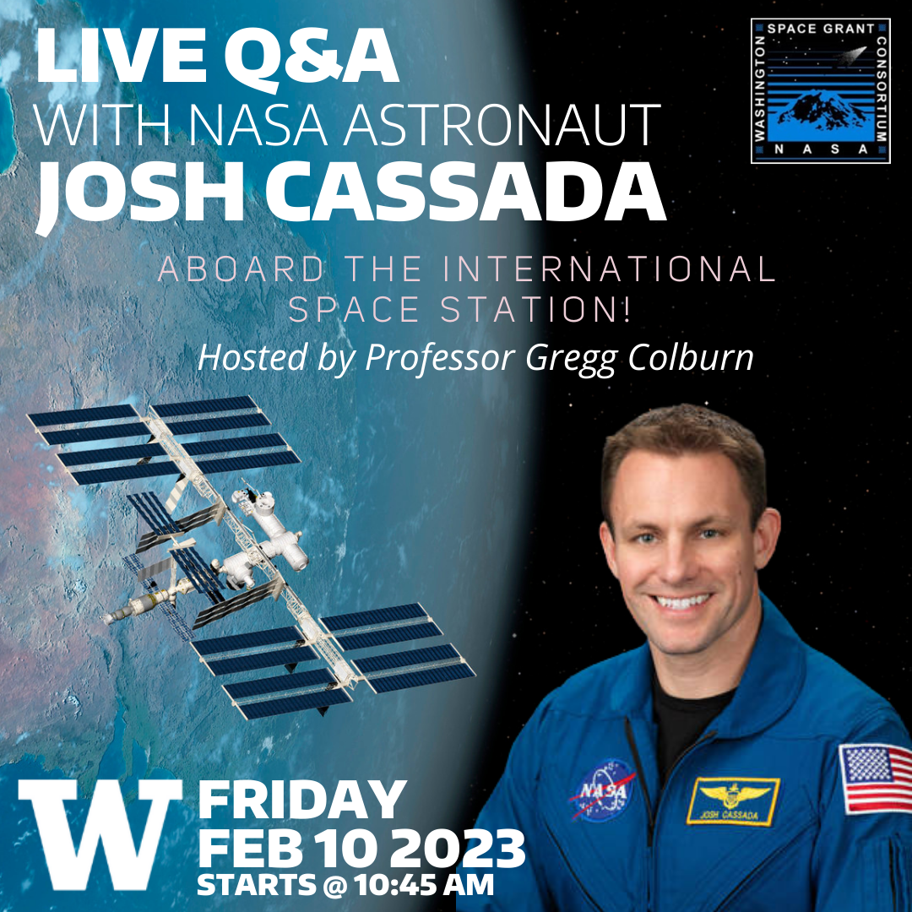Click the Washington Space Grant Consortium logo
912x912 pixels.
point(820,90)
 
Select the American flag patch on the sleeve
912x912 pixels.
point(875,778)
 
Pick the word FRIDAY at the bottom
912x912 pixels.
point(301,799)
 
